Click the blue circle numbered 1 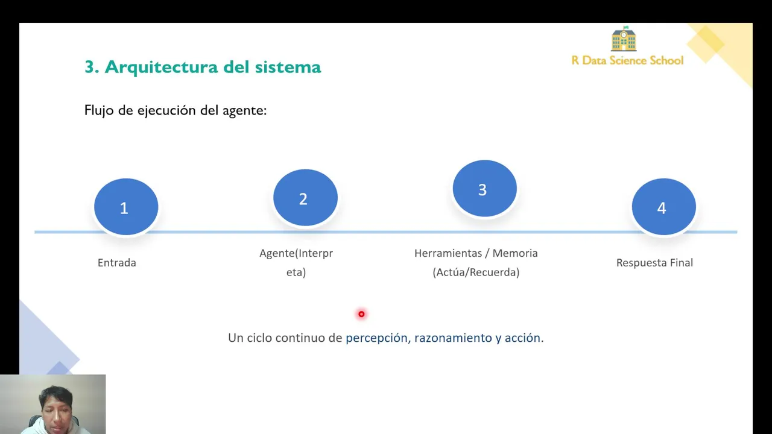click(126, 207)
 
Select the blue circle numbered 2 click(305, 198)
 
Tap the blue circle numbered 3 click(484, 189)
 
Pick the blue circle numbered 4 click(664, 207)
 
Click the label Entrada click(117, 263)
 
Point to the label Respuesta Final click(654, 263)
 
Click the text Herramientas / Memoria click(476, 253)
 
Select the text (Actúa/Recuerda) click(476, 272)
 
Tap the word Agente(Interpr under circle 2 click(296, 254)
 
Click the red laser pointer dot click(361, 314)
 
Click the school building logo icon click(624, 39)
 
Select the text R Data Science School click(627, 60)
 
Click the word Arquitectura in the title click(161, 67)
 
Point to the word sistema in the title click(288, 67)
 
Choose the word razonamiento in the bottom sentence click(453, 338)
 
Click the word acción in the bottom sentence click(522, 338)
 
